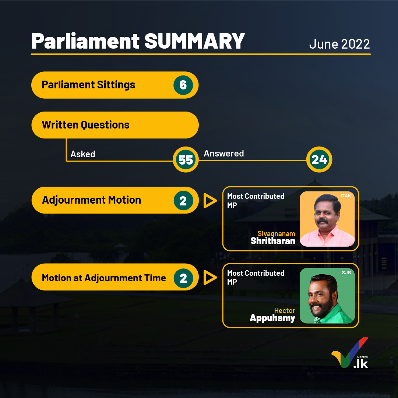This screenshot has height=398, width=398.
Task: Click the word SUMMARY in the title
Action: click(x=194, y=41)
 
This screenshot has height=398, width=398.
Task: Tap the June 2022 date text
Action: click(x=339, y=44)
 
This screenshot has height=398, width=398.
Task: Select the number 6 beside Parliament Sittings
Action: click(x=183, y=85)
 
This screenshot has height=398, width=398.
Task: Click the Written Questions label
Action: click(x=85, y=125)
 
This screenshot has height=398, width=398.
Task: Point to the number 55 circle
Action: click(x=186, y=160)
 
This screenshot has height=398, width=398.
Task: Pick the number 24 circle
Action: click(x=319, y=159)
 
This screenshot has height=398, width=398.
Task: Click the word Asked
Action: click(x=83, y=154)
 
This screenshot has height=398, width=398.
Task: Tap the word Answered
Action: click(x=223, y=153)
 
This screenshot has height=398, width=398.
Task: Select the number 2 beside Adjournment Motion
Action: click(x=183, y=201)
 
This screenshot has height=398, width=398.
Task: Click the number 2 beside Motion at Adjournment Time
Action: click(x=183, y=278)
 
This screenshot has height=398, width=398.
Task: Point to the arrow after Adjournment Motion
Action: click(x=210, y=201)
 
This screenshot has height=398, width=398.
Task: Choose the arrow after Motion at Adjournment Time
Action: click(x=210, y=278)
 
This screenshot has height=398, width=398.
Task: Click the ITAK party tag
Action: click(x=346, y=196)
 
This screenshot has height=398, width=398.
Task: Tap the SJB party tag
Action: click(x=346, y=272)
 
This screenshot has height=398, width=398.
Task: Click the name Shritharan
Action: click(x=273, y=241)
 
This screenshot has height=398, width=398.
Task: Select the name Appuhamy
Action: click(x=272, y=318)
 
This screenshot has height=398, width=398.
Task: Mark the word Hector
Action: click(x=285, y=310)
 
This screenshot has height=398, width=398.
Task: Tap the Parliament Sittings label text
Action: click(x=88, y=85)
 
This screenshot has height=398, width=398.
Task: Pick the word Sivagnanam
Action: click(x=276, y=234)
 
